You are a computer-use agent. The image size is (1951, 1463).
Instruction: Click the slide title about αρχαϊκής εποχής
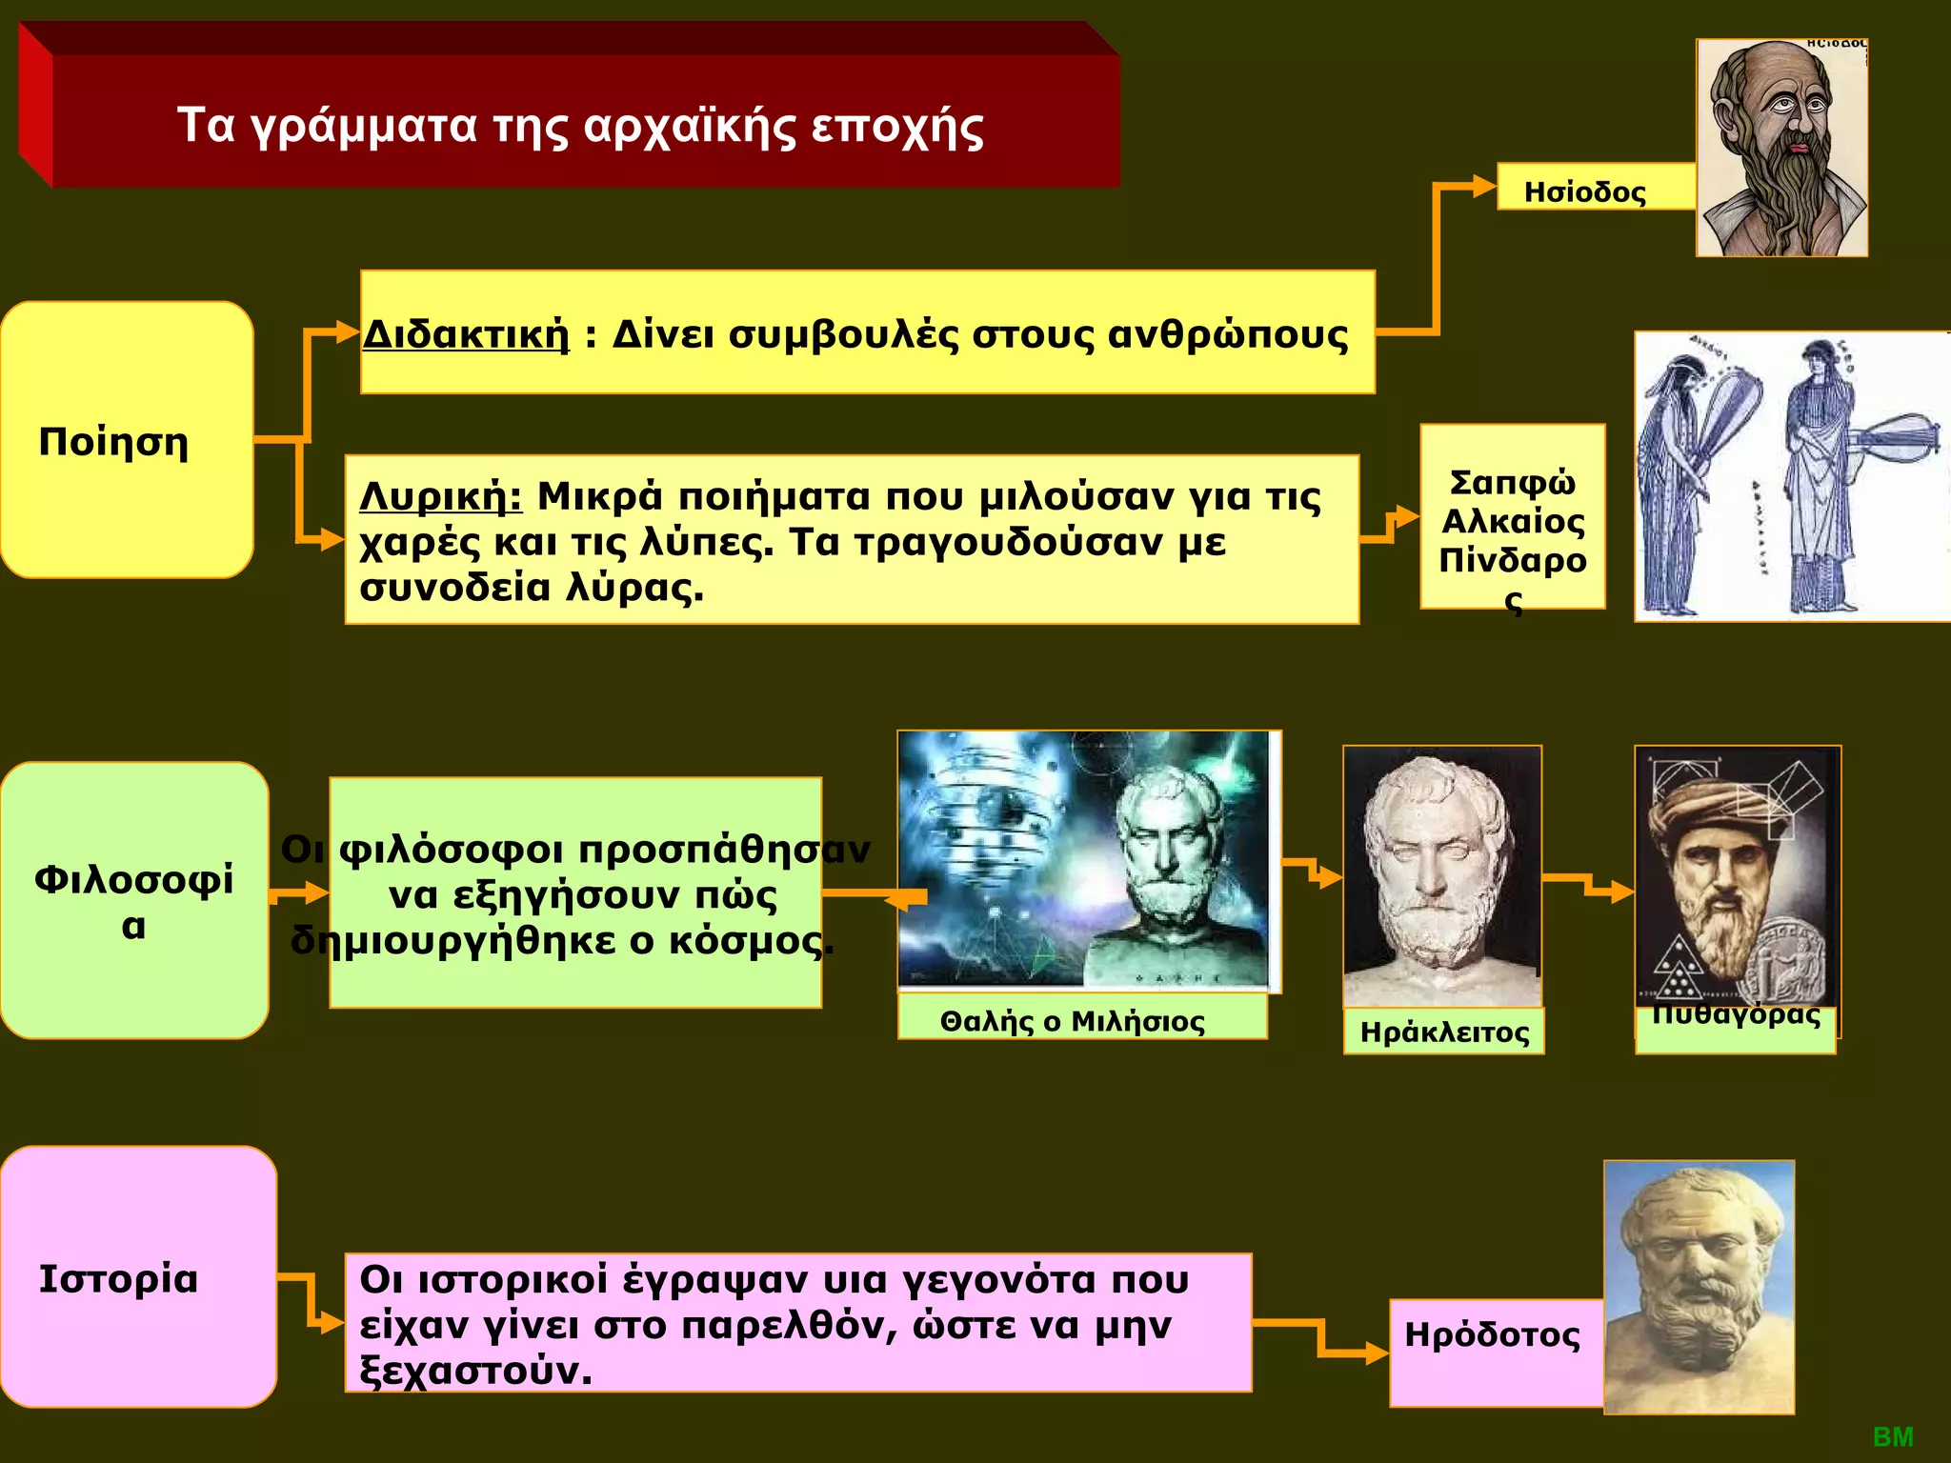tap(580, 126)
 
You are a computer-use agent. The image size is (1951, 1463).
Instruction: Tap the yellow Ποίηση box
tap(126, 440)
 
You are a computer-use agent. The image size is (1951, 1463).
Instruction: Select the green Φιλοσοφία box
tap(133, 899)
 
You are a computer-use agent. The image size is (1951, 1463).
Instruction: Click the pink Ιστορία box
tap(138, 1276)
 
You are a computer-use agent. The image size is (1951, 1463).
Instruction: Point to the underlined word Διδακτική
tap(466, 335)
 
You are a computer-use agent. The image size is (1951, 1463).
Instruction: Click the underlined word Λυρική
tap(440, 496)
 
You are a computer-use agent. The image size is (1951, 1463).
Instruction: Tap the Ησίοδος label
tap(1584, 191)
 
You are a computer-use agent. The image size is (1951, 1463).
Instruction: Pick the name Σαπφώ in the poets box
tap(1512, 483)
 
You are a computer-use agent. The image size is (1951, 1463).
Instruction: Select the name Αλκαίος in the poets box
tap(1513, 521)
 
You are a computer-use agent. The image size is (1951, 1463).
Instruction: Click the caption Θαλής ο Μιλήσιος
tap(1072, 1021)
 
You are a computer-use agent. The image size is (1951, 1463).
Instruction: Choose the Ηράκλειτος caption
tap(1444, 1032)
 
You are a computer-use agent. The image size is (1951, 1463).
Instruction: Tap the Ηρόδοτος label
tap(1492, 1334)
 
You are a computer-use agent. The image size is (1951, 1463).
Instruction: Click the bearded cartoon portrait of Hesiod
tap(1781, 148)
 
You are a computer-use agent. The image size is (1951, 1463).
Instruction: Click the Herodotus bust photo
tap(1699, 1286)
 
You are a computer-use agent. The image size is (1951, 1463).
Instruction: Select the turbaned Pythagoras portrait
tap(1738, 876)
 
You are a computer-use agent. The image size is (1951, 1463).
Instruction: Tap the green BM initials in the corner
tap(1892, 1437)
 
